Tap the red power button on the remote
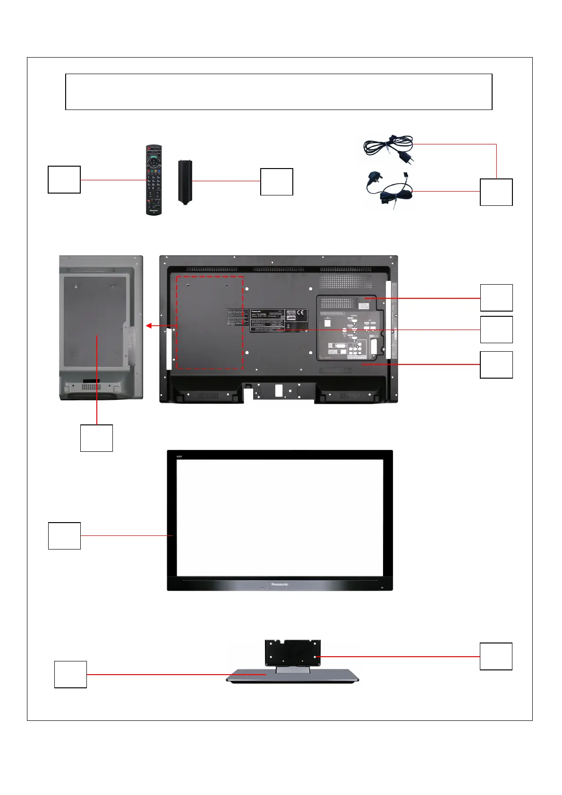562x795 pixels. point(148,149)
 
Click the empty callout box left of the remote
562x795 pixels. point(64,179)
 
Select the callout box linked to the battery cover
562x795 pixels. point(277,182)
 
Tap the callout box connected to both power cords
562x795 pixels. point(496,192)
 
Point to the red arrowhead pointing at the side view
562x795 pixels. point(148,326)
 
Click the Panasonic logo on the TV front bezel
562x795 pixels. point(280,584)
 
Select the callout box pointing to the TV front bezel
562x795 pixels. point(64,536)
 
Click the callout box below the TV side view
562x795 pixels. point(96,438)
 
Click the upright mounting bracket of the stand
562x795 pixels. point(293,652)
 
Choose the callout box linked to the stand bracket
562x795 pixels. point(496,656)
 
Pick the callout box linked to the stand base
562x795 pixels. point(71,675)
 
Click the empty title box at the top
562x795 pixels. point(279,92)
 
